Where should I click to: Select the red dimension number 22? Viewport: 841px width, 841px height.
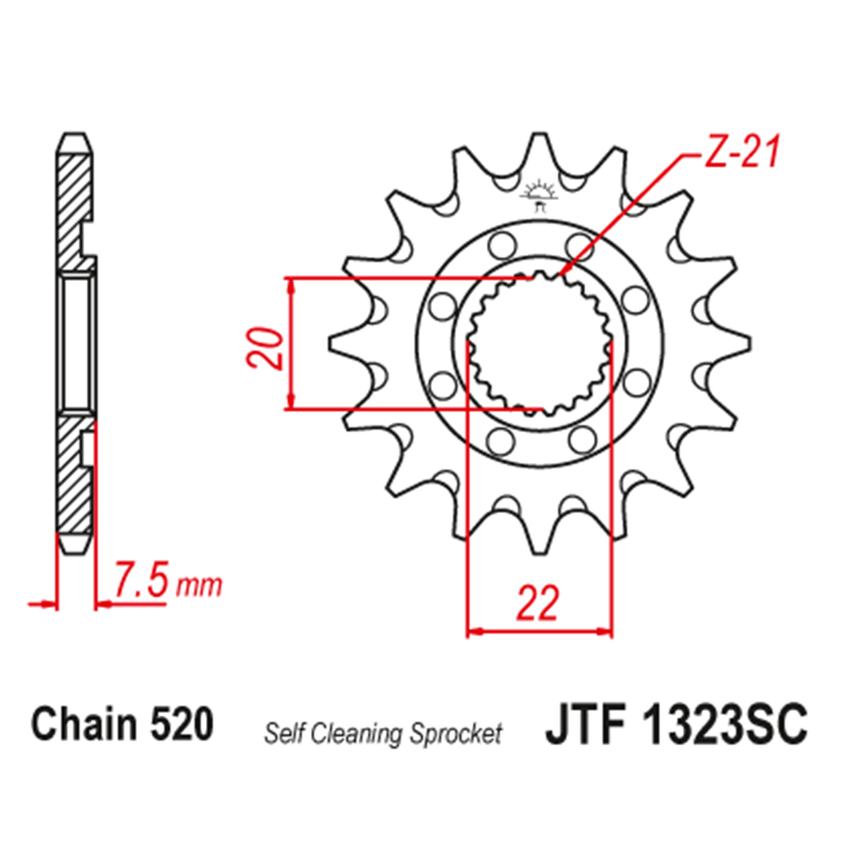pos(538,602)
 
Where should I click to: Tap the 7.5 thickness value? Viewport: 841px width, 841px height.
pos(141,579)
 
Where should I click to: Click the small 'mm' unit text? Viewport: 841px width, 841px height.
pos(199,586)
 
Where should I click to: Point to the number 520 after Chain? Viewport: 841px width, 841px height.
pos(182,723)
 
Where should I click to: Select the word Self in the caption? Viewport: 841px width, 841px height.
pos(285,733)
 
